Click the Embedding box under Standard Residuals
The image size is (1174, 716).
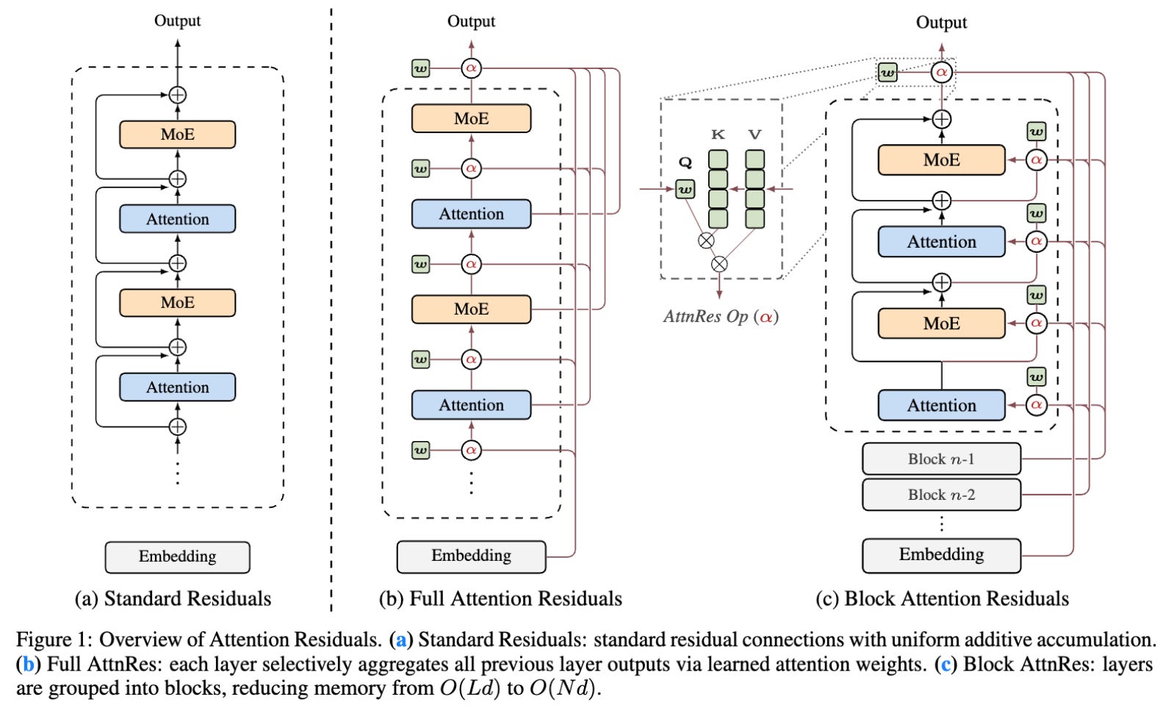tap(177, 557)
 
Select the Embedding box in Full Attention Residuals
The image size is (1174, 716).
tap(471, 556)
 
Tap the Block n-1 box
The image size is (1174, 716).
tap(941, 459)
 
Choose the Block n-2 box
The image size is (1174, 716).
tap(941, 495)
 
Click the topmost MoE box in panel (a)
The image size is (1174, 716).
tap(177, 135)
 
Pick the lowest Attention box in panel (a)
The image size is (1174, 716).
tap(177, 387)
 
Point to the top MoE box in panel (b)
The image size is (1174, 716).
tap(471, 118)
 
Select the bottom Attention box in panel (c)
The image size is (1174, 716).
tap(941, 406)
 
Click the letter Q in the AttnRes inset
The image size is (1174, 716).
tap(685, 163)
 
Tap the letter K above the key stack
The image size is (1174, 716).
tap(718, 135)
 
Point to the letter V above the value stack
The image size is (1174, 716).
tap(755, 135)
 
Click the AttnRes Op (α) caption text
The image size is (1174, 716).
tap(721, 317)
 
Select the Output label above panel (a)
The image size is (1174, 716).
tap(177, 21)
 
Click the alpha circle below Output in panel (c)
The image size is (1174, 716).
tap(941, 73)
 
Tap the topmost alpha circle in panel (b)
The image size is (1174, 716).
tap(471, 68)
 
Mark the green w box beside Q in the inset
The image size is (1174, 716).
tap(685, 190)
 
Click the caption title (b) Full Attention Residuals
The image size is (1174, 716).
tap(500, 599)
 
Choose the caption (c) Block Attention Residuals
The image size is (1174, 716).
tap(942, 599)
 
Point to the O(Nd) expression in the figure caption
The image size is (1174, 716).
tap(562, 689)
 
